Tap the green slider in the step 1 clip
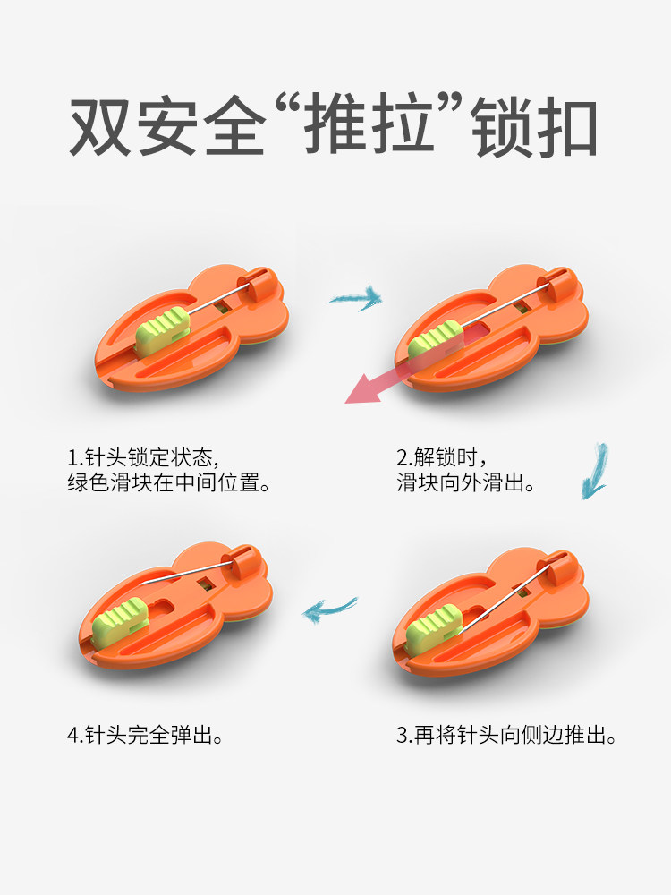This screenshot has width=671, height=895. [163, 330]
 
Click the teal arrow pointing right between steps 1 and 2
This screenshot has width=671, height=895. [355, 298]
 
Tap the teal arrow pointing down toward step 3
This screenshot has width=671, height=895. [595, 472]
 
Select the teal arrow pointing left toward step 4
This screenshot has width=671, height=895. [329, 609]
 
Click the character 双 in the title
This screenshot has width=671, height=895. [100, 126]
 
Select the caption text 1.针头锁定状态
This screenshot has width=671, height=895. [143, 457]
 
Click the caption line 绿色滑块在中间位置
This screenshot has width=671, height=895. [168, 483]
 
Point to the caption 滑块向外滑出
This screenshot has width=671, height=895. [466, 483]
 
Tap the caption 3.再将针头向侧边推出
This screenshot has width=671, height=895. [506, 735]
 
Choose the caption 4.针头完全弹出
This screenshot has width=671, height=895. [145, 735]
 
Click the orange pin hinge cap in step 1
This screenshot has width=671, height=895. [260, 284]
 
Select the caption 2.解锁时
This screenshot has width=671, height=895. [442, 457]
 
